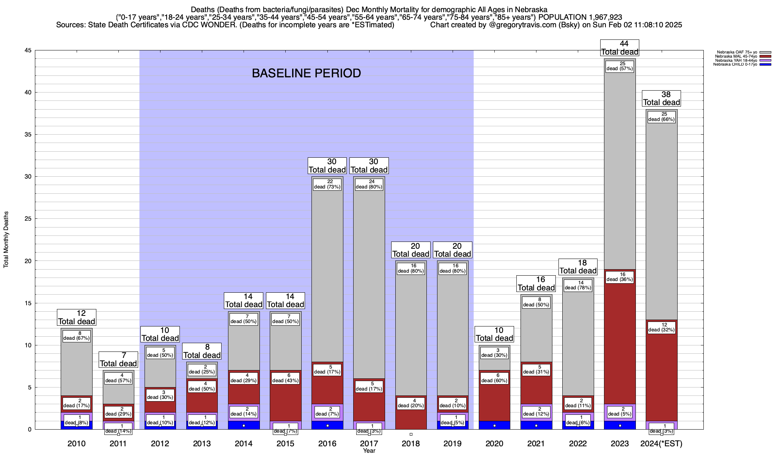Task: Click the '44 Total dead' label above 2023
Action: (620, 48)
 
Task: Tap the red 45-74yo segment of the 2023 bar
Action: (620, 341)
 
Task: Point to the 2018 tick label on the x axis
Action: (411, 444)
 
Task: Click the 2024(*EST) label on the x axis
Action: (661, 444)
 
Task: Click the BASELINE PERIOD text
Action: (306, 73)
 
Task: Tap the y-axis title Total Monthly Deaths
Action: (6, 240)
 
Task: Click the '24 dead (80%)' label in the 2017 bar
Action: (369, 184)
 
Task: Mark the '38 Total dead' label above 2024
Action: (661, 99)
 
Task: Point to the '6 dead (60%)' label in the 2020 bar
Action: (494, 378)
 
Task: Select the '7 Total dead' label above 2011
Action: (118, 360)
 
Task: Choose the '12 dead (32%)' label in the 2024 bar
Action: (661, 327)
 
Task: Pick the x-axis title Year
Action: (369, 451)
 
